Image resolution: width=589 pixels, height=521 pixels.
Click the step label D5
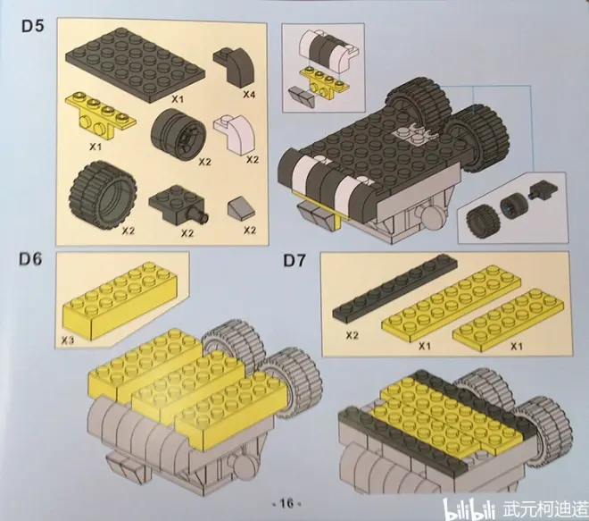[x=33, y=26]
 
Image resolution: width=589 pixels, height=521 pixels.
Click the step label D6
[x=31, y=259]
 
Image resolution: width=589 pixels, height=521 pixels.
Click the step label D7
[x=294, y=260]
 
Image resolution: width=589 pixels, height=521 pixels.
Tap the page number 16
[x=286, y=503]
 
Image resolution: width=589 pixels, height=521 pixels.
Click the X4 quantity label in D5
[x=248, y=94]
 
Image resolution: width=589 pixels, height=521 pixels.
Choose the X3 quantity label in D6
[x=68, y=340]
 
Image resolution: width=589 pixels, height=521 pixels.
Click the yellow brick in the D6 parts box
[x=120, y=299]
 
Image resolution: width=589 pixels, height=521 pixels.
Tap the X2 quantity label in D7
[x=352, y=335]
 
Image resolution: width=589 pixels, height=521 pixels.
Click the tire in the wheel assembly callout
[x=483, y=219]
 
